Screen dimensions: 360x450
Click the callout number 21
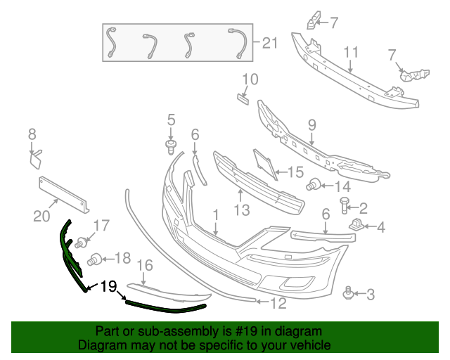coord(270,44)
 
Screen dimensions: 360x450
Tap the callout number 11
coord(351,52)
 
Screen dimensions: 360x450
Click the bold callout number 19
coord(108,286)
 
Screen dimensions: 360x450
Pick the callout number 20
coord(43,216)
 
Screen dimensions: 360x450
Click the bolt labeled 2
coord(345,205)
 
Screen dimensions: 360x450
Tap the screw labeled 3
coord(347,292)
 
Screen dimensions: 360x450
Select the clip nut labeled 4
coord(356,225)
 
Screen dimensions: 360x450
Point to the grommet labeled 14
coord(314,186)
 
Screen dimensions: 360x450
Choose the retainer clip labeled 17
coord(84,243)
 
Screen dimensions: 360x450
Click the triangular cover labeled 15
coord(264,166)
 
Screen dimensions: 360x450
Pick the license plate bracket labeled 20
coord(63,192)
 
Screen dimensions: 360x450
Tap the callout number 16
coord(144,265)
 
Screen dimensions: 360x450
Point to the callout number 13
coord(241,210)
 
